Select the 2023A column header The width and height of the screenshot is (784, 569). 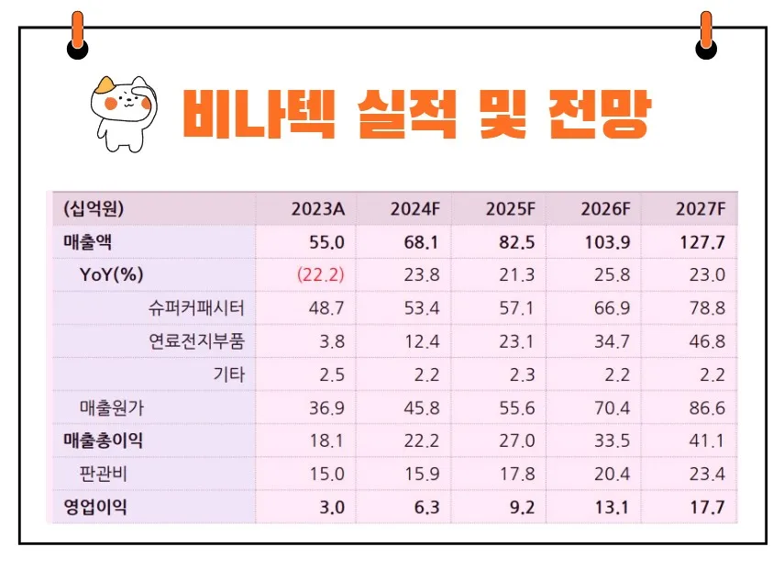click(x=317, y=209)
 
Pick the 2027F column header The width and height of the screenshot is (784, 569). click(x=701, y=209)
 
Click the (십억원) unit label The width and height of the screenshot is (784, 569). click(x=93, y=209)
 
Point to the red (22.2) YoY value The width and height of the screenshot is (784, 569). click(x=320, y=274)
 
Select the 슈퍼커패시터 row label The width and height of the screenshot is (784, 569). click(x=197, y=307)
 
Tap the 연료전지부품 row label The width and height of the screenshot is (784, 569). click(x=197, y=341)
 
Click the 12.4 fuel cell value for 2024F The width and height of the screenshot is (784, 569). click(x=421, y=341)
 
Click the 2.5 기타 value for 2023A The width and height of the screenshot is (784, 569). click(x=327, y=374)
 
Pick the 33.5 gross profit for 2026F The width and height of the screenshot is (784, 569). click(x=611, y=441)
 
